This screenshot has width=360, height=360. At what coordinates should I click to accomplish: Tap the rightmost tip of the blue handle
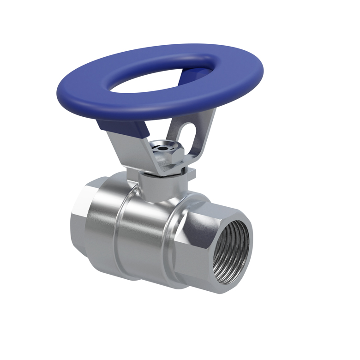coord(263,74)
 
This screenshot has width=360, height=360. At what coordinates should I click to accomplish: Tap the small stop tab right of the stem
coord(191,174)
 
